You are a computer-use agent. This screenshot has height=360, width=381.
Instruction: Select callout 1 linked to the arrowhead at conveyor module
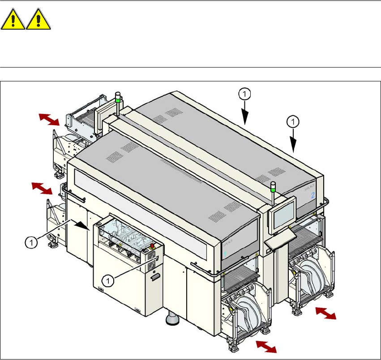pos(30,242)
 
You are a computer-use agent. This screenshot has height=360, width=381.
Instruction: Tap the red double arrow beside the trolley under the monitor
pos(325,313)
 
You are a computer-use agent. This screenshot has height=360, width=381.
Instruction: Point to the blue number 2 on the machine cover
pos(313,195)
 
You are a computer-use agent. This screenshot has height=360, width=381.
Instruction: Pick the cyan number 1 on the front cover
pos(225,253)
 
